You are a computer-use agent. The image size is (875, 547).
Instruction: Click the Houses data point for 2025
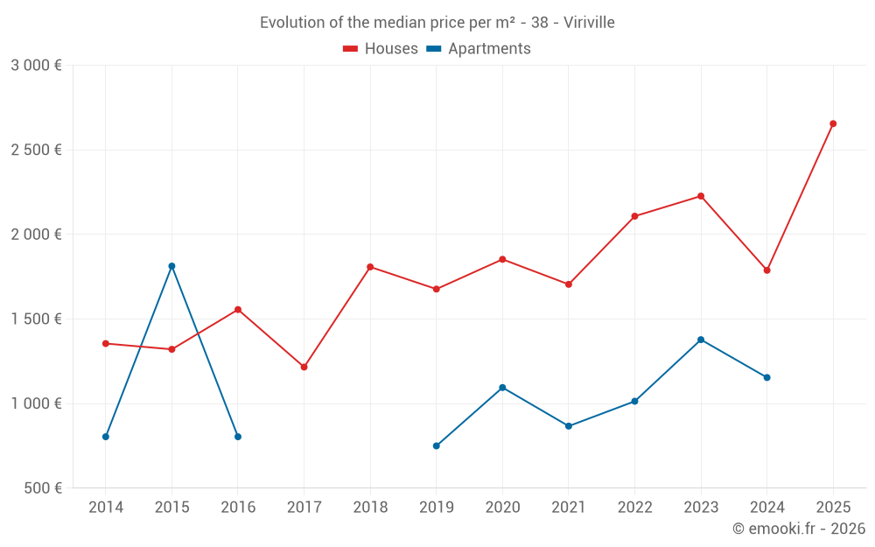pos(833,123)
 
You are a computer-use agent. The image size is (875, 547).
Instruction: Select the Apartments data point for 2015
pos(171,266)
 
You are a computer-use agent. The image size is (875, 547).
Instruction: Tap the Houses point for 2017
pos(304,367)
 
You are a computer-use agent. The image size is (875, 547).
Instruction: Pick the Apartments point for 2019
pos(437,445)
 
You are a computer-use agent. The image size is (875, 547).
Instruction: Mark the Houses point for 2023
pos(701,196)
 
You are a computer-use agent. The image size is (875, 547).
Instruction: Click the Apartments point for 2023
pos(701,340)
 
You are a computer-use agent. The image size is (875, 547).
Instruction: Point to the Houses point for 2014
pos(106,343)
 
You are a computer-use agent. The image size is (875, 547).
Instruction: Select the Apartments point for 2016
pos(238,437)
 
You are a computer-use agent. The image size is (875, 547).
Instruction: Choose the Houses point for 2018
pos(370,267)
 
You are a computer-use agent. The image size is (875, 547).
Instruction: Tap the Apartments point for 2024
pos(767,377)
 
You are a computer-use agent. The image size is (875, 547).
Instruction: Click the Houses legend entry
pos(381,49)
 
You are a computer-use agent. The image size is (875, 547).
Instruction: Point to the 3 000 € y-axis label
pos(36,66)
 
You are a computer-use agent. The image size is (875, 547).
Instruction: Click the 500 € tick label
pos(42,488)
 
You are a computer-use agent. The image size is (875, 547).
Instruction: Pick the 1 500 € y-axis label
pos(36,319)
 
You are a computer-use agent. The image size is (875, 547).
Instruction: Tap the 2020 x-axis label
pos(502,508)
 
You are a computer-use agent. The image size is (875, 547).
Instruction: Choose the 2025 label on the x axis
pos(833,508)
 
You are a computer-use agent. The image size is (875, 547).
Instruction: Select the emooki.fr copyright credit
pos(799,529)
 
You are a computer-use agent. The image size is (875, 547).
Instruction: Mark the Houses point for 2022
pos(634,216)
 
